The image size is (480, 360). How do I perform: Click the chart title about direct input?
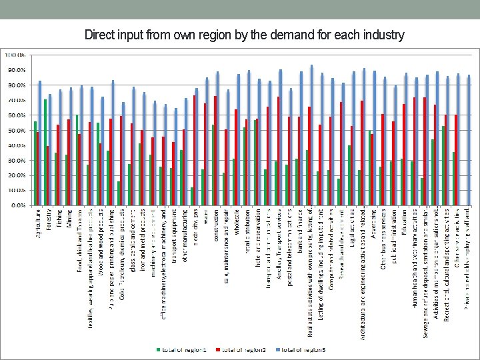(244, 35)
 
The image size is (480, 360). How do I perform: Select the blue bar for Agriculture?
(40, 143)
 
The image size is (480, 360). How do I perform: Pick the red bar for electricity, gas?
(195, 150)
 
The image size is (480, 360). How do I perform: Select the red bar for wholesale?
(237, 157)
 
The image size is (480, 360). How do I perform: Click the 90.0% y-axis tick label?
(17, 69)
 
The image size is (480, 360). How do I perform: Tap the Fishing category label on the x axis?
(59, 219)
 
